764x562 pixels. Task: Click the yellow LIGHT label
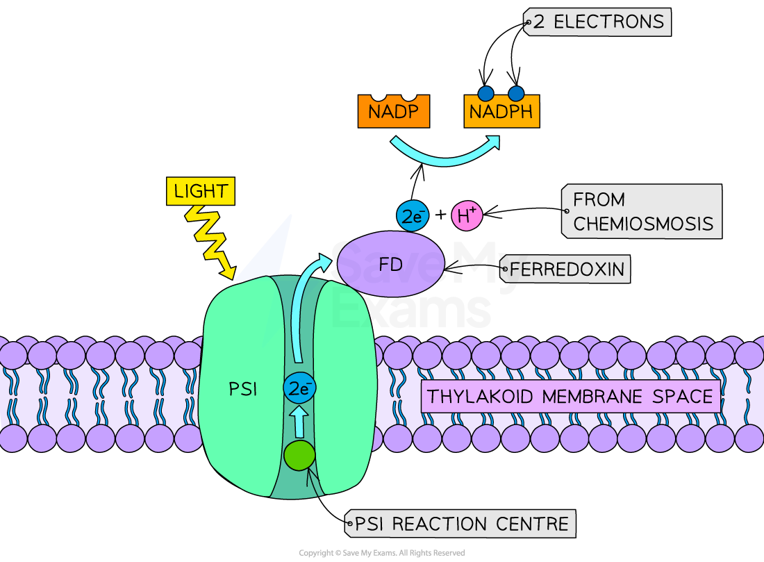(x=201, y=191)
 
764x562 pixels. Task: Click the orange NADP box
(x=393, y=112)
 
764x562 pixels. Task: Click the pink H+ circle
(x=467, y=216)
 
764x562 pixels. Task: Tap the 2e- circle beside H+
(x=413, y=216)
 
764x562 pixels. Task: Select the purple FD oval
(x=390, y=265)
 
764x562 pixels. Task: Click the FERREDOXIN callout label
(x=565, y=269)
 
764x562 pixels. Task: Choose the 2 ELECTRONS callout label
(x=597, y=22)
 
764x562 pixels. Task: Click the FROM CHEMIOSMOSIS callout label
(x=642, y=211)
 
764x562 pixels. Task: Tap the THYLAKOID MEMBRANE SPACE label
(x=570, y=397)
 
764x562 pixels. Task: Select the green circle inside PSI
(x=299, y=456)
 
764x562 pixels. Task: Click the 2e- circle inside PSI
(x=299, y=389)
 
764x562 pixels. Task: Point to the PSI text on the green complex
(x=243, y=390)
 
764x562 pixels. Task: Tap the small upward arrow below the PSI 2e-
(x=299, y=421)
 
